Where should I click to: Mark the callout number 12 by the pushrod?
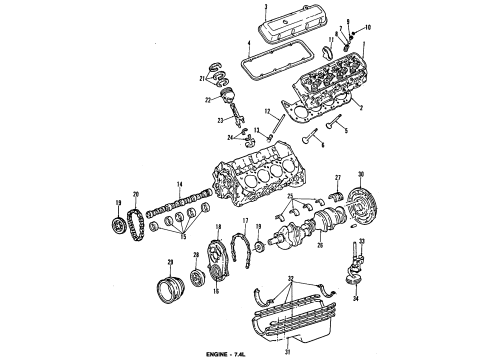point(267,111)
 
